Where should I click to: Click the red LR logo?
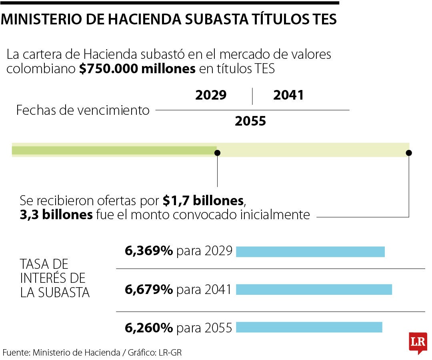418,342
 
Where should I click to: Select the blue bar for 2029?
310,252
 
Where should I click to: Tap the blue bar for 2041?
314,289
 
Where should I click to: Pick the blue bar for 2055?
309,327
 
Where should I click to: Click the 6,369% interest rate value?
149,251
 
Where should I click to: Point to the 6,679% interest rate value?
149,289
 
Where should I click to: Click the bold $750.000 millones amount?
137,69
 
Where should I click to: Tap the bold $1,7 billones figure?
203,200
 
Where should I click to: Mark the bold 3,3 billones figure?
56,215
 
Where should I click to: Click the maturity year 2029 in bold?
211,96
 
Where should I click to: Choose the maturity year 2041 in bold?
288,96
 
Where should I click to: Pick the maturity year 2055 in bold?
250,121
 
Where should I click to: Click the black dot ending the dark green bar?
217,153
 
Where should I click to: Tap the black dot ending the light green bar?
409,153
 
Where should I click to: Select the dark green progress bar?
114,150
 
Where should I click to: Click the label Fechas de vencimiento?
83,110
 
